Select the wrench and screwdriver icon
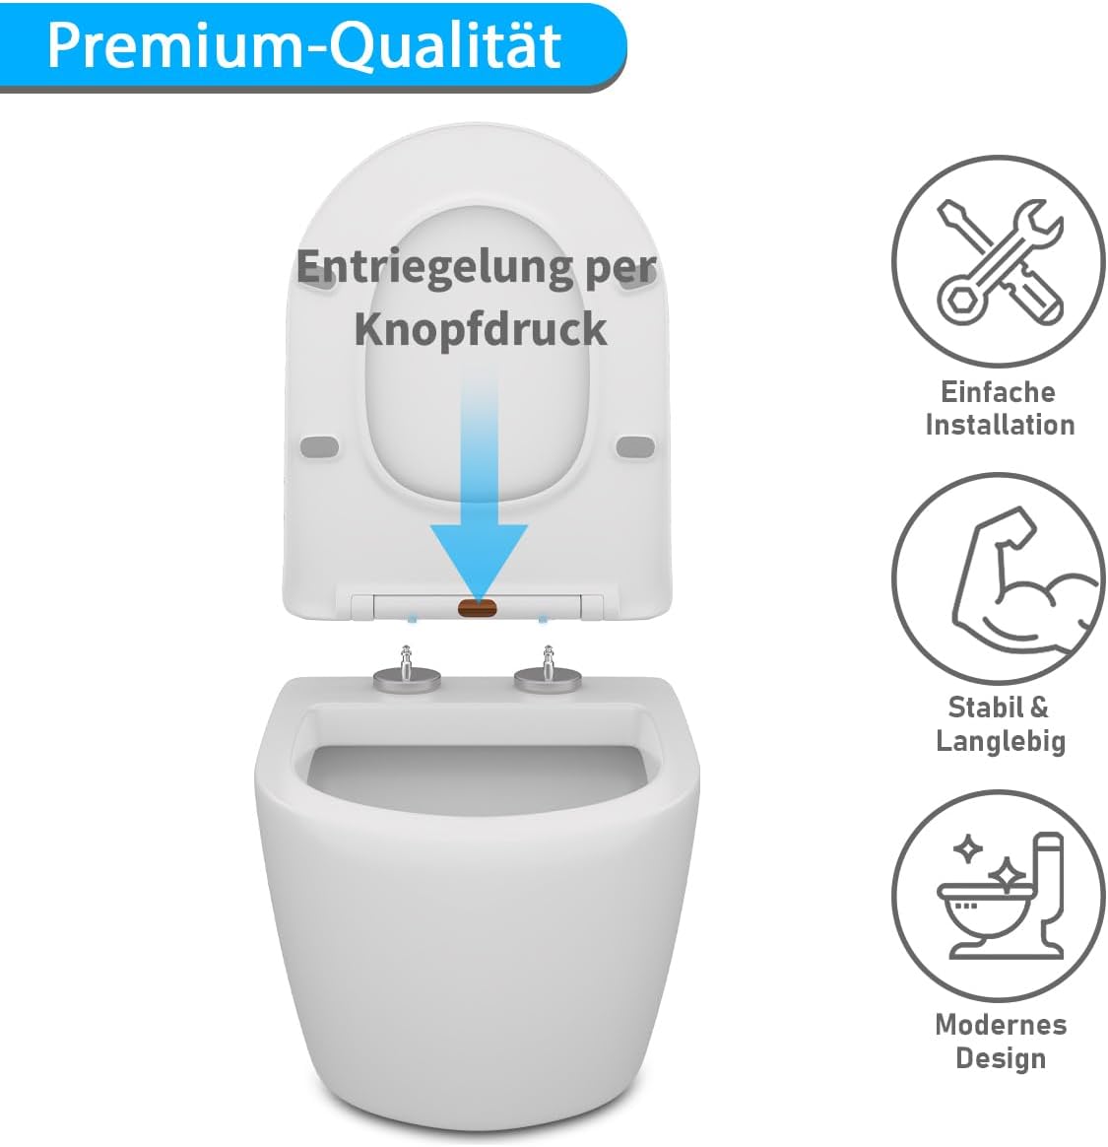pyautogui.click(x=998, y=262)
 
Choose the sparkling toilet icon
pyautogui.click(x=998, y=893)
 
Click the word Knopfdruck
pyautogui.click(x=480, y=329)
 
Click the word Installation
pyautogui.click(x=1000, y=426)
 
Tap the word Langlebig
pyautogui.click(x=1001, y=741)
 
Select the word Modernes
pyautogui.click(x=1001, y=1025)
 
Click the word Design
pyautogui.click(x=1001, y=1058)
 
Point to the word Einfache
pyautogui.click(x=998, y=392)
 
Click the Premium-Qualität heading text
pyautogui.click(x=304, y=45)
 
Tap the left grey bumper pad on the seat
pyautogui.click(x=319, y=446)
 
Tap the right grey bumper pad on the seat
pyautogui.click(x=635, y=446)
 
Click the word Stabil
pyautogui.click(x=984, y=708)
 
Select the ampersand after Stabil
pyautogui.click(x=1038, y=708)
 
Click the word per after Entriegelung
pyautogui.click(x=621, y=268)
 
